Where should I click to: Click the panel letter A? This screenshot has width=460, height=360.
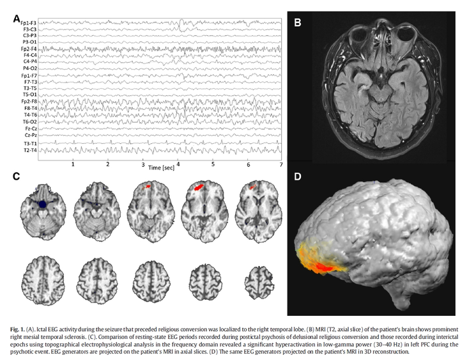pyautogui.click(x=17, y=18)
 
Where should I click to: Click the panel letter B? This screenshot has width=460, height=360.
pyautogui.click(x=297, y=21)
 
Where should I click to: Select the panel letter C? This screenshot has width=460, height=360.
pyautogui.click(x=17, y=175)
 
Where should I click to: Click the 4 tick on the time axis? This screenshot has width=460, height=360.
pyautogui.click(x=178, y=164)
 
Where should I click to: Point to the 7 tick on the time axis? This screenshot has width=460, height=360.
pyautogui.click(x=280, y=164)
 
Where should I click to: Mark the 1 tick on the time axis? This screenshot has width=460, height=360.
pyautogui.click(x=73, y=164)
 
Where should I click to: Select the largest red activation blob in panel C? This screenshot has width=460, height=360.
pyautogui.click(x=199, y=187)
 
